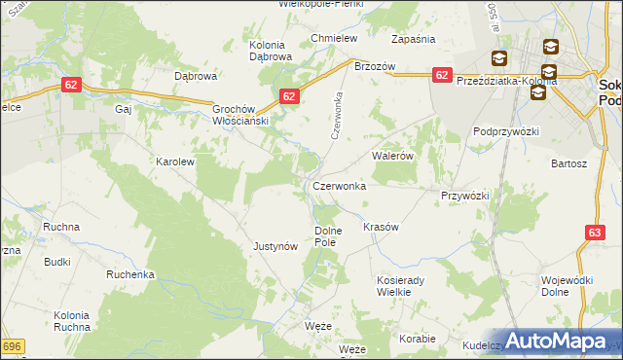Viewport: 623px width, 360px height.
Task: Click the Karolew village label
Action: pyautogui.click(x=176, y=162)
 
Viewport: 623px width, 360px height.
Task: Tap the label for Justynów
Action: pyautogui.click(x=275, y=247)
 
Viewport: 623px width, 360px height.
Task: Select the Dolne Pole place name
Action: pyautogui.click(x=325, y=235)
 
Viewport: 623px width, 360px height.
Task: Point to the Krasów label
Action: pyautogui.click(x=381, y=227)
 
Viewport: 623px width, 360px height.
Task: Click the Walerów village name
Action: pyautogui.click(x=393, y=156)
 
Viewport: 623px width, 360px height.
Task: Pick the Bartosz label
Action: pyautogui.click(x=568, y=163)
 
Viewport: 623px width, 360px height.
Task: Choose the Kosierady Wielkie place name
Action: pyautogui.click(x=400, y=285)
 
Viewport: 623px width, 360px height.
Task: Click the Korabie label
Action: pyautogui.click(x=417, y=339)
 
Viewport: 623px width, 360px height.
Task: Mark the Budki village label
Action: pyautogui.click(x=56, y=262)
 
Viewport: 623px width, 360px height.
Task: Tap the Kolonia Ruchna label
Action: pyautogui.click(x=71, y=320)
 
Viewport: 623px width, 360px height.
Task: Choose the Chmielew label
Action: pyautogui.click(x=335, y=38)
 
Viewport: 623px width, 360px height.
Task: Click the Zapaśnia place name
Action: pyautogui.click(x=413, y=39)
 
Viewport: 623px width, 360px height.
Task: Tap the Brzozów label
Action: pyautogui.click(x=374, y=66)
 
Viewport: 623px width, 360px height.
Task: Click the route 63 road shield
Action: pyautogui.click(x=596, y=233)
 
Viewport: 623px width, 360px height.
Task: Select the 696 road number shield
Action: pyautogui.click(x=12, y=346)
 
